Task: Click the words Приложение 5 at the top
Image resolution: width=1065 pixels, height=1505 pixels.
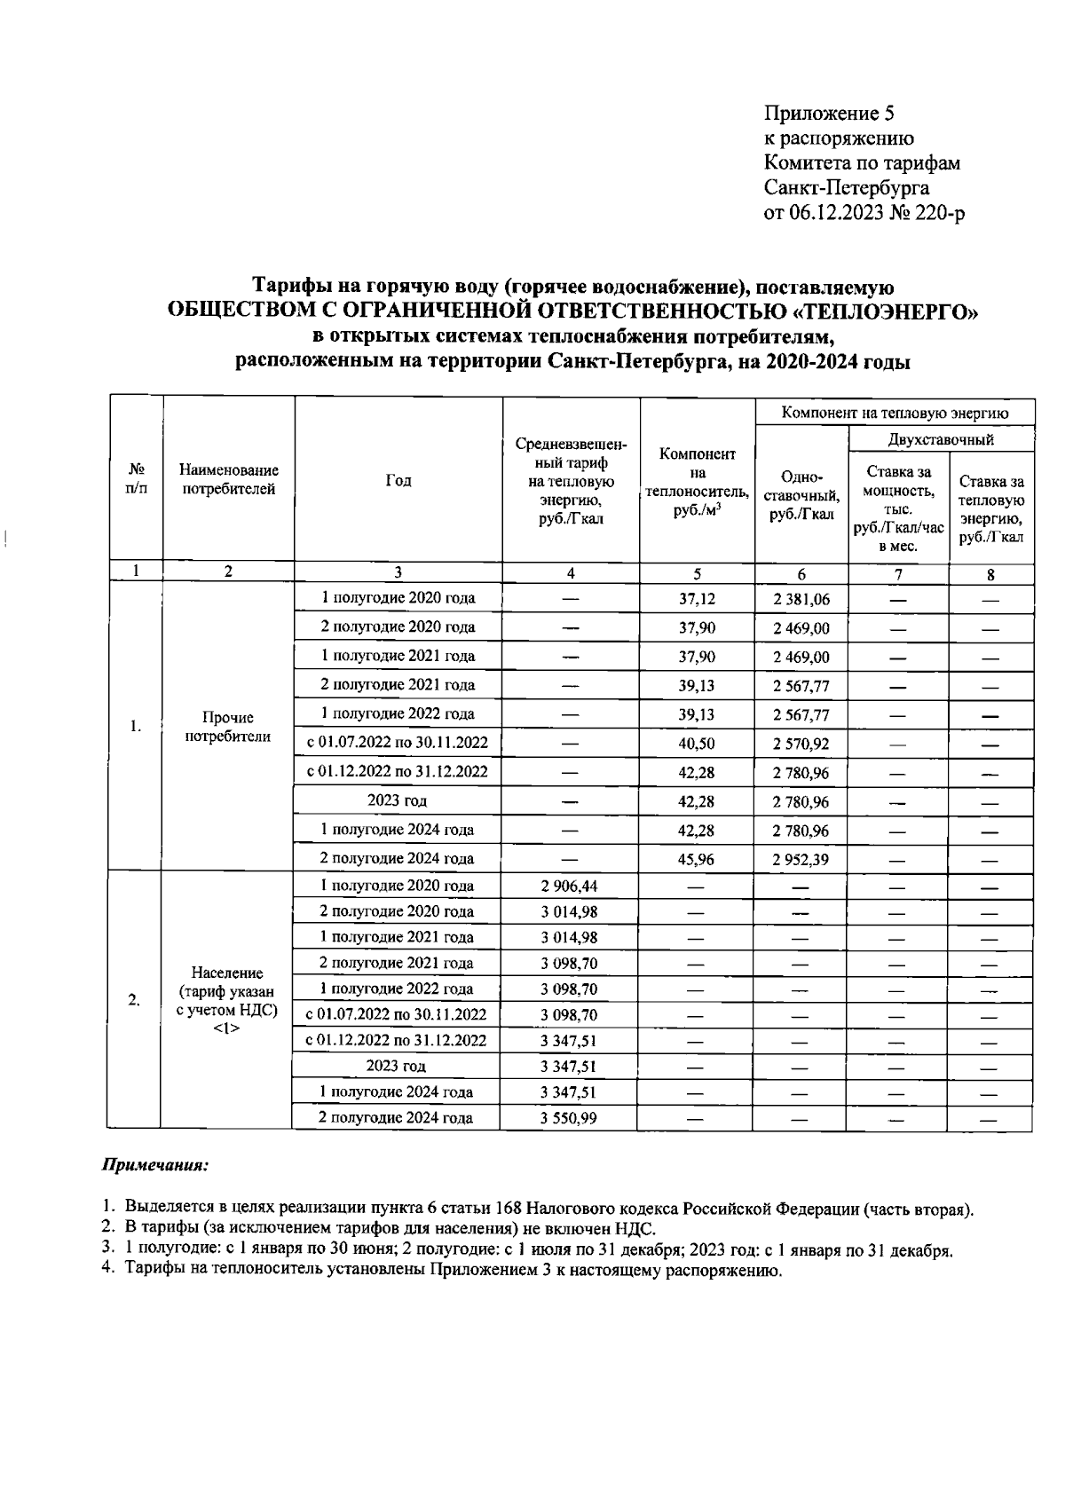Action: coord(830,114)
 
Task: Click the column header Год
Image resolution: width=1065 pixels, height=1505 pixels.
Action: coord(398,480)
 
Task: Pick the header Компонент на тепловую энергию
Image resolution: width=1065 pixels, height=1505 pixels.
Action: coord(895,413)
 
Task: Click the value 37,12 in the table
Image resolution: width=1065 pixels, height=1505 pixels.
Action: coord(697,600)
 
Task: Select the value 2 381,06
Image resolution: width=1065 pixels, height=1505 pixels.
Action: coord(801,600)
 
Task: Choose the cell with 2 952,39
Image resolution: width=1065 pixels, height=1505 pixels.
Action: coord(801,860)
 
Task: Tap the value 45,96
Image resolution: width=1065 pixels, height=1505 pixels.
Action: coord(697,860)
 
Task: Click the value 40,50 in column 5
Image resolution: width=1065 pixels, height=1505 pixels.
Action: coord(697,744)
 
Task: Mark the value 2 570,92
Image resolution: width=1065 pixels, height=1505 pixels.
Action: coord(801,744)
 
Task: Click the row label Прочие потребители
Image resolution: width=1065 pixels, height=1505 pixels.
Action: coord(227,727)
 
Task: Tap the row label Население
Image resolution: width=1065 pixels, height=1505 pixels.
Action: coord(227,973)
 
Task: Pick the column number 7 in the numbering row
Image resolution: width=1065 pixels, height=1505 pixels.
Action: coord(898,574)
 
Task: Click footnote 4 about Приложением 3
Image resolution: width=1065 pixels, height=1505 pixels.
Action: coord(444,1271)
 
